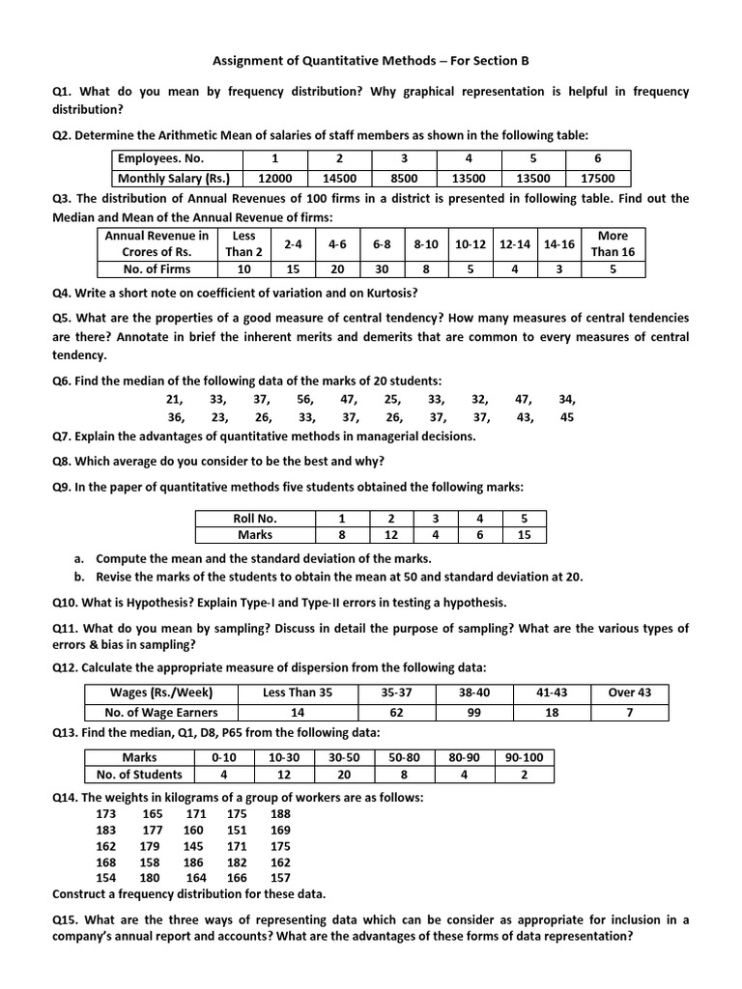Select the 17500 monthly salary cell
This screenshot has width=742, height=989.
coord(598,179)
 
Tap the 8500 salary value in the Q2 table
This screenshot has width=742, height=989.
coord(404,179)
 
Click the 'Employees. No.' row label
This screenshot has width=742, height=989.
coord(160,159)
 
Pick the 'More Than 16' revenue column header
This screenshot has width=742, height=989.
coord(613,243)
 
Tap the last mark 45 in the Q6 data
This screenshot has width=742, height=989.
coord(567,417)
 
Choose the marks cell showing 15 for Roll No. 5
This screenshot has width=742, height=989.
coord(524,534)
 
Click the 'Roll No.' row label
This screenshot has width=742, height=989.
coord(255,519)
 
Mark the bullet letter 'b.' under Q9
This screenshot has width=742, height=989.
coord(80,577)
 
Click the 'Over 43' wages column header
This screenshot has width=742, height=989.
coord(629,692)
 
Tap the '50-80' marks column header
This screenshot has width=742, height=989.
coord(404,758)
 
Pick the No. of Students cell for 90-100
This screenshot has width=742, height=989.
coord(524,775)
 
